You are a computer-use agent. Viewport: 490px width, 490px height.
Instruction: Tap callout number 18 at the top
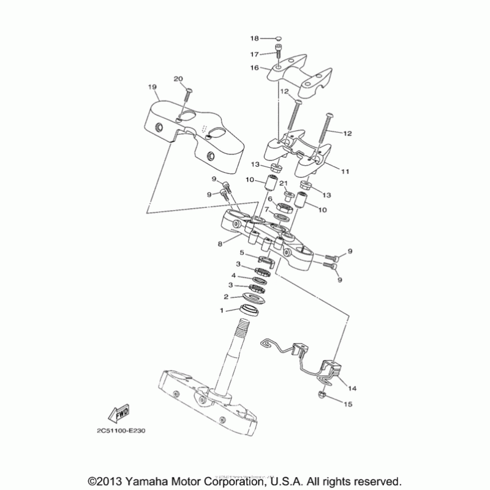coord(256,39)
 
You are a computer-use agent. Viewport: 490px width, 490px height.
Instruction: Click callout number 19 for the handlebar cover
coord(153,88)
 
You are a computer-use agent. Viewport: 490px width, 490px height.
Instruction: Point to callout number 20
coord(178,79)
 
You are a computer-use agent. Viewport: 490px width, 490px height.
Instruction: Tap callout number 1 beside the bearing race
coord(223,310)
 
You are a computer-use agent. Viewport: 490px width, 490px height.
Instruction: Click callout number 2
coord(226,297)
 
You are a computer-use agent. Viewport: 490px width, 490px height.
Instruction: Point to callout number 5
coord(243,252)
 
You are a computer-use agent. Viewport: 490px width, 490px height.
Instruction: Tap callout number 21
coord(284,183)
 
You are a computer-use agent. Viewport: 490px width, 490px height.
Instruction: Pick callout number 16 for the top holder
coord(255,68)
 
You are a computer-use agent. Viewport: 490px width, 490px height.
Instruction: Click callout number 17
coord(256,53)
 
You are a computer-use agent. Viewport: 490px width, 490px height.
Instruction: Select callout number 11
coord(345,172)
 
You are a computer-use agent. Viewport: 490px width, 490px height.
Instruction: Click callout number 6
coord(269,200)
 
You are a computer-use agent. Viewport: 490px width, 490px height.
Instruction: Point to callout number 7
coord(267,209)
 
